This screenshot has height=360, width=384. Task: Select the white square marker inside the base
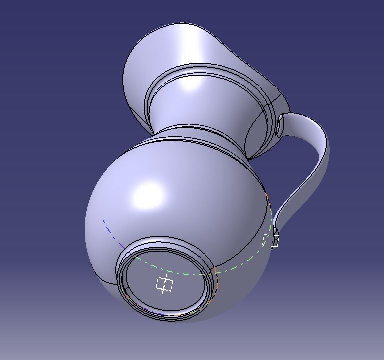164,284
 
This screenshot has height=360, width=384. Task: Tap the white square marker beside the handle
271,241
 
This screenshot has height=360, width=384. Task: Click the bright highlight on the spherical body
148,195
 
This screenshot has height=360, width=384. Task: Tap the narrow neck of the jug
200,105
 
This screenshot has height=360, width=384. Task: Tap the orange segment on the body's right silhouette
268,200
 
